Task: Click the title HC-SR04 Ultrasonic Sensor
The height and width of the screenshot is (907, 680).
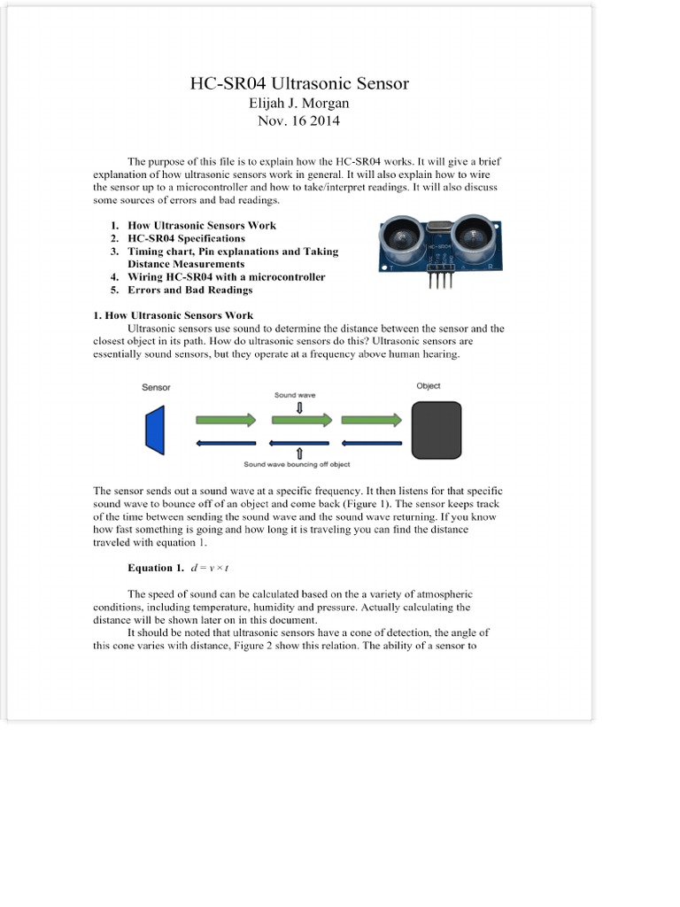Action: pos(299,84)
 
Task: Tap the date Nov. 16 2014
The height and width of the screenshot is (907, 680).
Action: pos(298,120)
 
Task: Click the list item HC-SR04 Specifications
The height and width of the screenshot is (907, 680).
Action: pos(186,238)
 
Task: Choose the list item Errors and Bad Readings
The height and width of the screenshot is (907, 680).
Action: pos(189,290)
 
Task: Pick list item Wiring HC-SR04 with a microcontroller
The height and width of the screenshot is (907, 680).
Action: pos(226,276)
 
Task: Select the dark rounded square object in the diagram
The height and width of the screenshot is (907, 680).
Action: pos(437,430)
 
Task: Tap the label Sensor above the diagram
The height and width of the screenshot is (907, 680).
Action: pos(156,388)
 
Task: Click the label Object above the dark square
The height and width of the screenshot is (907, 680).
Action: pos(428,386)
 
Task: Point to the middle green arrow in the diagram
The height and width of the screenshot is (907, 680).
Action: pos(300,419)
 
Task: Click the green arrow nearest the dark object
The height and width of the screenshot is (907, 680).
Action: pos(371,419)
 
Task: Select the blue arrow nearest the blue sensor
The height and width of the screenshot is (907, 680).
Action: pos(225,442)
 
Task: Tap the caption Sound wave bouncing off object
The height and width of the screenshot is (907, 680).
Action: pos(298,463)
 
